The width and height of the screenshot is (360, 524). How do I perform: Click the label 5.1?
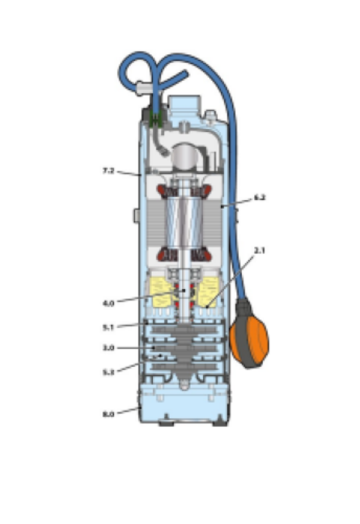pos(109,327)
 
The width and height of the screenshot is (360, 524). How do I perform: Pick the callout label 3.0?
pos(107,347)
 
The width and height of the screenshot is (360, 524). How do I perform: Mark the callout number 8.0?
pos(108,412)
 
